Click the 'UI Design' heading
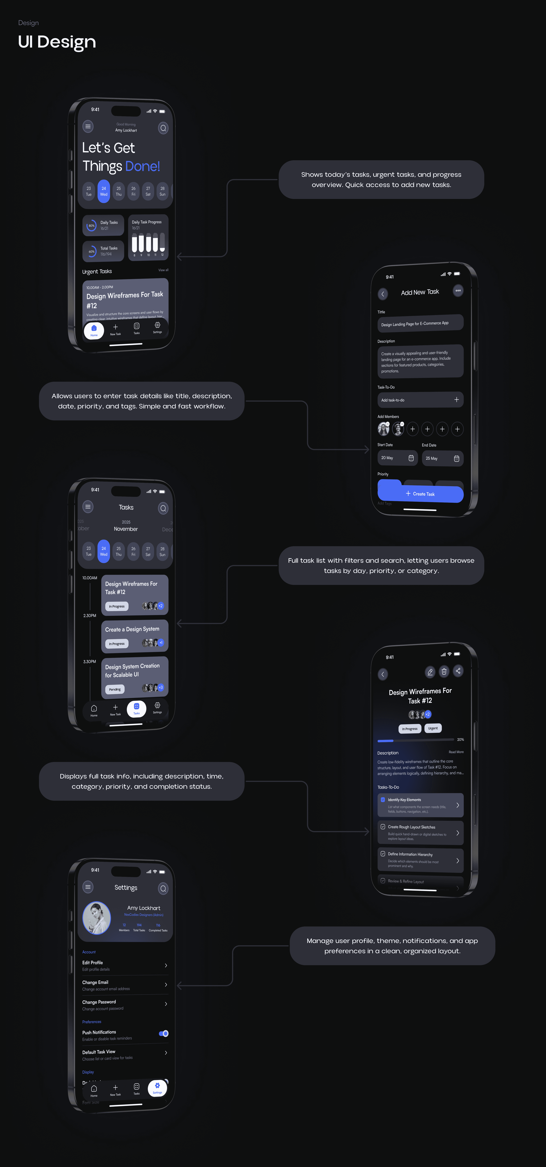pyautogui.click(x=57, y=42)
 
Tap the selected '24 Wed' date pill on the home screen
pyautogui.click(x=104, y=191)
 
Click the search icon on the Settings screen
pyautogui.click(x=163, y=888)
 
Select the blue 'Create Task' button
pyautogui.click(x=420, y=494)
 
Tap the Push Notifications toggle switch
pyautogui.click(x=164, y=1033)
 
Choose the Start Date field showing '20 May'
pyautogui.click(x=397, y=458)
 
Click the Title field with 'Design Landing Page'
pyautogui.click(x=420, y=323)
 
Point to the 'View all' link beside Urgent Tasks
pyautogui.click(x=163, y=270)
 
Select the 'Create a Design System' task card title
pyautogui.click(x=132, y=629)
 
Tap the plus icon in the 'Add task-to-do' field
pyautogui.click(x=456, y=400)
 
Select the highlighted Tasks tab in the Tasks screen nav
pyautogui.click(x=136, y=708)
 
